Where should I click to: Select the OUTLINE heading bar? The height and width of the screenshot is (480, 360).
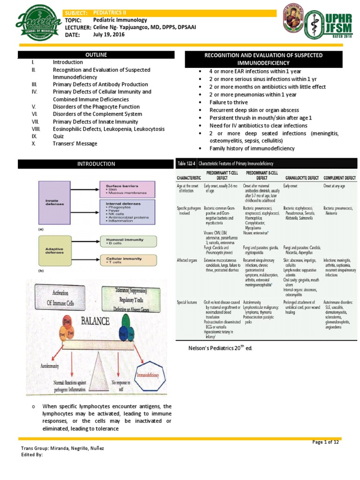click(96, 55)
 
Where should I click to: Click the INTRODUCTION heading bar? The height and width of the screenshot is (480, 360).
click(96, 164)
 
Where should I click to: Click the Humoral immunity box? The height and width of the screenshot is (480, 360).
click(127, 241)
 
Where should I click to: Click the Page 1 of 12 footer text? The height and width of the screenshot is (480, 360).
click(325, 442)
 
